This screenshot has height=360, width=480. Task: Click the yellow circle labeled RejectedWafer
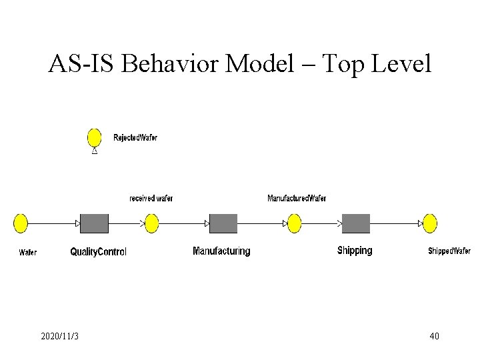(95, 138)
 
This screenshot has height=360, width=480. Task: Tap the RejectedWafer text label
(135, 138)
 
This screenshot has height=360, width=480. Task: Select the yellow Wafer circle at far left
(21, 223)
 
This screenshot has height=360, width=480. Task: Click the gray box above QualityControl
(94, 223)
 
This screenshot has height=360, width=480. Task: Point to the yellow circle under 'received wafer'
(152, 223)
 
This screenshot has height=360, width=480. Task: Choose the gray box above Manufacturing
(223, 223)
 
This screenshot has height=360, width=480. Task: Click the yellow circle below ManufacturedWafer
(295, 223)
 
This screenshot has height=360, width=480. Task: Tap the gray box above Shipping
(356, 223)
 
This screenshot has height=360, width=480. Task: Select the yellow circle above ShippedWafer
(430, 223)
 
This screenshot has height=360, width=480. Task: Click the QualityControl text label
(98, 252)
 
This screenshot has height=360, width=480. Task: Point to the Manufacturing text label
(221, 251)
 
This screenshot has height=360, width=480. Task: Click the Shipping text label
(355, 251)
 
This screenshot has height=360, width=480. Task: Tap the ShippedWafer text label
(449, 251)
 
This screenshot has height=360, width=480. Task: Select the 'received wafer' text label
(151, 199)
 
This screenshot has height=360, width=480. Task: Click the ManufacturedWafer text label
(297, 199)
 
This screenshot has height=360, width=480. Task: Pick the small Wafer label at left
(28, 253)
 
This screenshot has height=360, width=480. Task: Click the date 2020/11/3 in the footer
(59, 336)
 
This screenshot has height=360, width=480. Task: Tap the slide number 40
(434, 336)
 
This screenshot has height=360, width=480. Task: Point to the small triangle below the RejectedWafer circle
(95, 152)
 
